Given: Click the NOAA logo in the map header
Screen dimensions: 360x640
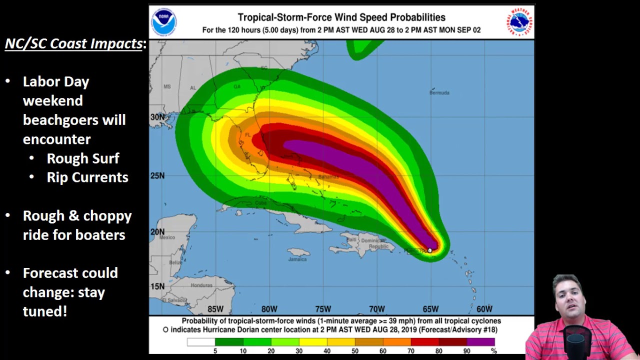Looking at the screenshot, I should (164, 22).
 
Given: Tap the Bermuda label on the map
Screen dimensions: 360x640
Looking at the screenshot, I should (439, 92).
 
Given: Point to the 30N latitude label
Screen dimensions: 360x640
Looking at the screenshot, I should (157, 117).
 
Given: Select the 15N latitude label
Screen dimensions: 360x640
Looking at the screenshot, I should (157, 286).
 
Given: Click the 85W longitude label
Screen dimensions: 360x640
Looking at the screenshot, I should (215, 309).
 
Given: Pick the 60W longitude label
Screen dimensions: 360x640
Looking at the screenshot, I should (484, 309).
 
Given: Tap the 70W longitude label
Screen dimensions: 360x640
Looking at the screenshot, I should (376, 309).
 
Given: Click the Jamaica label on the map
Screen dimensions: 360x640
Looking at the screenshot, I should (297, 259).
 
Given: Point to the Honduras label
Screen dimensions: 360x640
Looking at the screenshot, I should (201, 285).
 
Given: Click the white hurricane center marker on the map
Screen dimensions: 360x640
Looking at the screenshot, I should (430, 250).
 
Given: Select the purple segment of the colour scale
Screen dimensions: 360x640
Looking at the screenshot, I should (480, 342).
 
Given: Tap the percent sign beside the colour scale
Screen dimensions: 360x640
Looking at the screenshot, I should (493, 351).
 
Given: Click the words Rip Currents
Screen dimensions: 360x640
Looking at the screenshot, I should (87, 177).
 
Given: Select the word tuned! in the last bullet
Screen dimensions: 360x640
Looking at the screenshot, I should (45, 311).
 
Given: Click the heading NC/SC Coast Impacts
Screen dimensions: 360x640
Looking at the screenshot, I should (73, 44).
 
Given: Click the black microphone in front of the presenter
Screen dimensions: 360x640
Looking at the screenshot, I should (576, 340).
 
